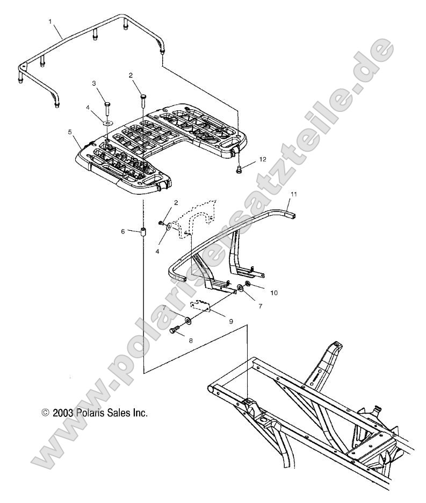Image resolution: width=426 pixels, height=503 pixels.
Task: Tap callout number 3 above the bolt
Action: coord(94,83)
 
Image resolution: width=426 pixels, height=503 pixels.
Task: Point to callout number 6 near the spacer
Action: coord(124,231)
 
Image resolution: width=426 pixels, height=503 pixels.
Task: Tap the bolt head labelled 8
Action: coord(175,330)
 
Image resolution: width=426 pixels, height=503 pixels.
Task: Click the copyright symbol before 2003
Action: coord(45,413)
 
